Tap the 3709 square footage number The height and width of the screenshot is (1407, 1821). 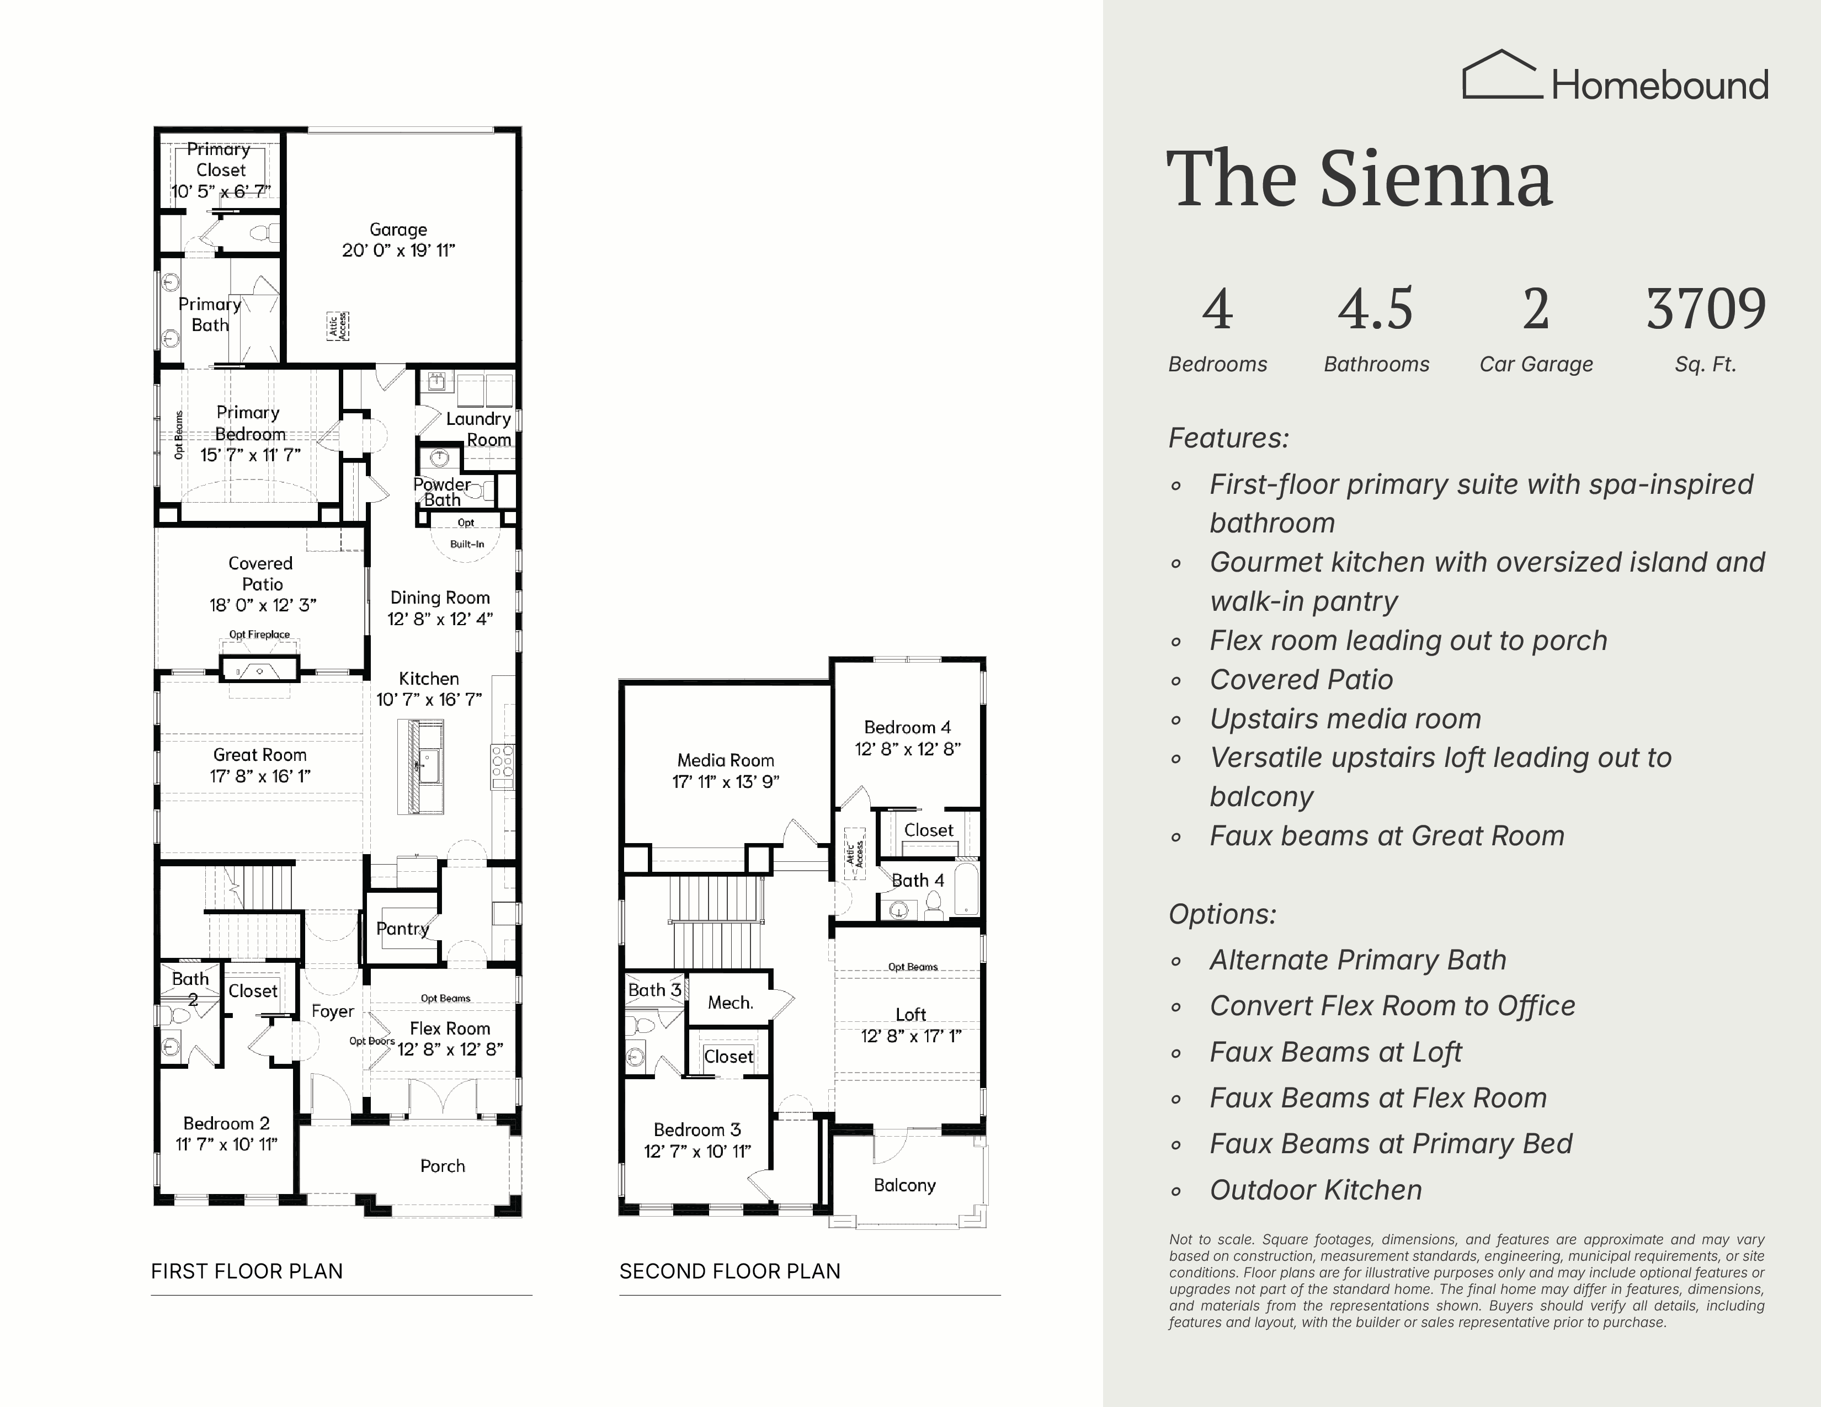(x=1706, y=308)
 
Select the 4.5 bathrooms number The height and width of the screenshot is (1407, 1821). (x=1376, y=308)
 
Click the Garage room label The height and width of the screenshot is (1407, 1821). (x=398, y=229)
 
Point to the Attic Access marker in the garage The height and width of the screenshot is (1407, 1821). (x=338, y=326)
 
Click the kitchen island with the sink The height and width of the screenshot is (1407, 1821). (x=420, y=767)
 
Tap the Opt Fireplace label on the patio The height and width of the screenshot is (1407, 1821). (x=259, y=635)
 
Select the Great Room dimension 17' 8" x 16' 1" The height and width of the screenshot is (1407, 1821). (x=260, y=776)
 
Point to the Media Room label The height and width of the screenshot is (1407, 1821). (x=726, y=760)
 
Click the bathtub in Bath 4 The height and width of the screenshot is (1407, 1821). (x=966, y=889)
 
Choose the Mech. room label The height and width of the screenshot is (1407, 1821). (x=731, y=1003)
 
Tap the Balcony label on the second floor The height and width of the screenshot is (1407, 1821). (x=904, y=1185)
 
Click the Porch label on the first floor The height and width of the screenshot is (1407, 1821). (x=443, y=1166)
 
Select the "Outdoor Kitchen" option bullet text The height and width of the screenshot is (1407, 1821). (x=1316, y=1190)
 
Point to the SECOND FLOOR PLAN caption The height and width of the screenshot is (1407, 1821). (x=730, y=1271)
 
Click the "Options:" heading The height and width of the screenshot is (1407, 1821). (x=1222, y=914)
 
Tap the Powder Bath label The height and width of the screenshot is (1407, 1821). (x=442, y=492)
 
